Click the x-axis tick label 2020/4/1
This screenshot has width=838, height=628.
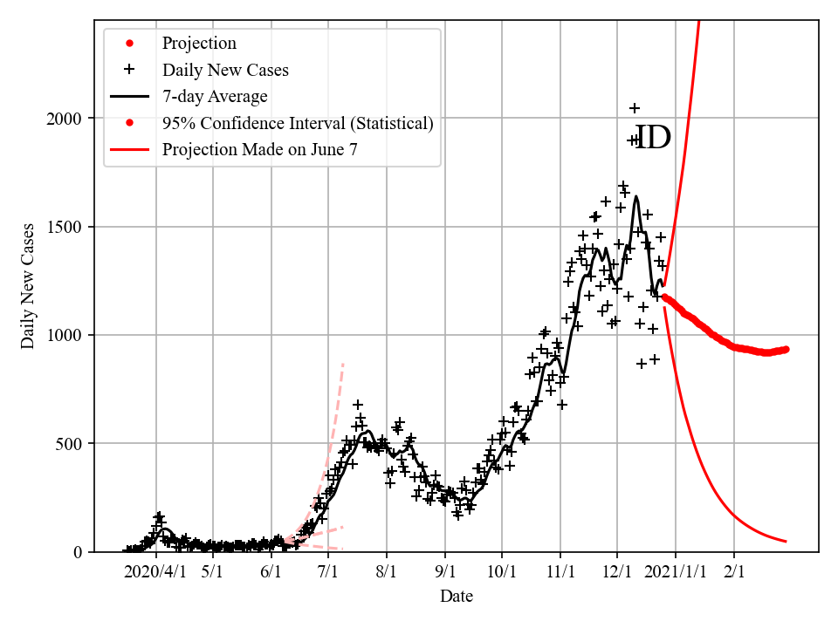click(x=157, y=572)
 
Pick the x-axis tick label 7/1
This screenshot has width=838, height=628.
click(x=328, y=572)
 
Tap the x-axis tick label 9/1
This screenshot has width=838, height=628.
click(x=445, y=572)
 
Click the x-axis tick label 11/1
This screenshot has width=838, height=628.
click(x=560, y=572)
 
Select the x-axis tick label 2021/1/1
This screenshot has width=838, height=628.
click(x=676, y=572)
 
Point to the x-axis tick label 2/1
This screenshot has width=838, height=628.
click(x=734, y=572)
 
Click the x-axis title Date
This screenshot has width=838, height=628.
click(x=457, y=597)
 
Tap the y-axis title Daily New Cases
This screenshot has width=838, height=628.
click(x=28, y=286)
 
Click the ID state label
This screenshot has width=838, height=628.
click(x=652, y=138)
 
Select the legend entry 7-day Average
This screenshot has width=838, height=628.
click(x=215, y=97)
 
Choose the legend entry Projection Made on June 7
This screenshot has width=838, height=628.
click(x=259, y=150)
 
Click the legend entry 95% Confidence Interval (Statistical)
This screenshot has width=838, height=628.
click(x=297, y=124)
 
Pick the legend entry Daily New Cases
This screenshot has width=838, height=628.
click(x=225, y=70)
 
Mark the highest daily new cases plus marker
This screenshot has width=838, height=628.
click(x=635, y=108)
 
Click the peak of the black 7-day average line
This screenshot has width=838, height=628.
click(x=636, y=196)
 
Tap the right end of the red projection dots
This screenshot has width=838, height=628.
click(x=786, y=349)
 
